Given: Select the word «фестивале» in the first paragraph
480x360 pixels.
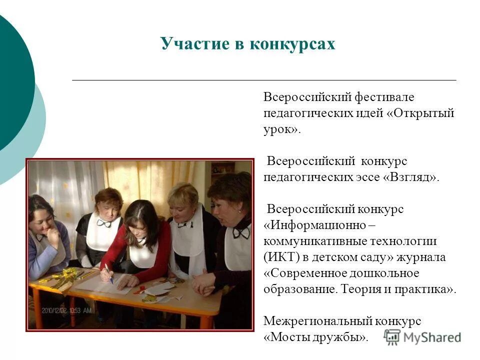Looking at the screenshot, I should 386,97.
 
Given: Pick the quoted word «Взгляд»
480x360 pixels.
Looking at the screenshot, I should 412,177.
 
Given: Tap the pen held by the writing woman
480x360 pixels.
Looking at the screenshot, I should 108,273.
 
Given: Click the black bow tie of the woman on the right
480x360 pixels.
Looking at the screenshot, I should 241,232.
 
